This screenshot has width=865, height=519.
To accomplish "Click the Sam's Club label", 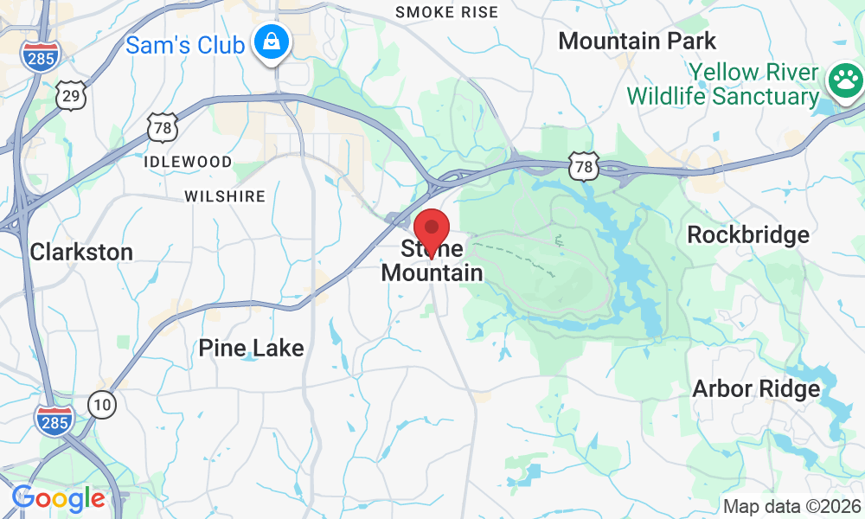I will [184, 44].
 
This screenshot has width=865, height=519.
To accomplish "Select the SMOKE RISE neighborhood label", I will [446, 12].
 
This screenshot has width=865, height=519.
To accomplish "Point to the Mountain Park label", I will [637, 41].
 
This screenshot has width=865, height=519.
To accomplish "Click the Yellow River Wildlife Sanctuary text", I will [723, 83].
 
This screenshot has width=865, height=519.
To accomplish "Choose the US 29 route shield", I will [71, 96].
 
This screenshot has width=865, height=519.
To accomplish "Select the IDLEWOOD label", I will [188, 162].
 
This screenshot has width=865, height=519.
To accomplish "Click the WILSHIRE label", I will [225, 196].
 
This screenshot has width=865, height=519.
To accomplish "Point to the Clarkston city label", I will [81, 253].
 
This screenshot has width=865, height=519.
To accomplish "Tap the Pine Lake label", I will [251, 349].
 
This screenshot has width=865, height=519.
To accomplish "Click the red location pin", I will [432, 230].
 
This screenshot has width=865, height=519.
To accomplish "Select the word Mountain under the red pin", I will [432, 273].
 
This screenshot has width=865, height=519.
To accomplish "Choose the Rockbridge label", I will [747, 235].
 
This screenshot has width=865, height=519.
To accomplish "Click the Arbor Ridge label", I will [755, 389].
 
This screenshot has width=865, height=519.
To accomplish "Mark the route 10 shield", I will [102, 403].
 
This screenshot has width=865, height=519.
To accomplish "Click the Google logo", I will [58, 498].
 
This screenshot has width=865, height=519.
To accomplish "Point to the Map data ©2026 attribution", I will [791, 506].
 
